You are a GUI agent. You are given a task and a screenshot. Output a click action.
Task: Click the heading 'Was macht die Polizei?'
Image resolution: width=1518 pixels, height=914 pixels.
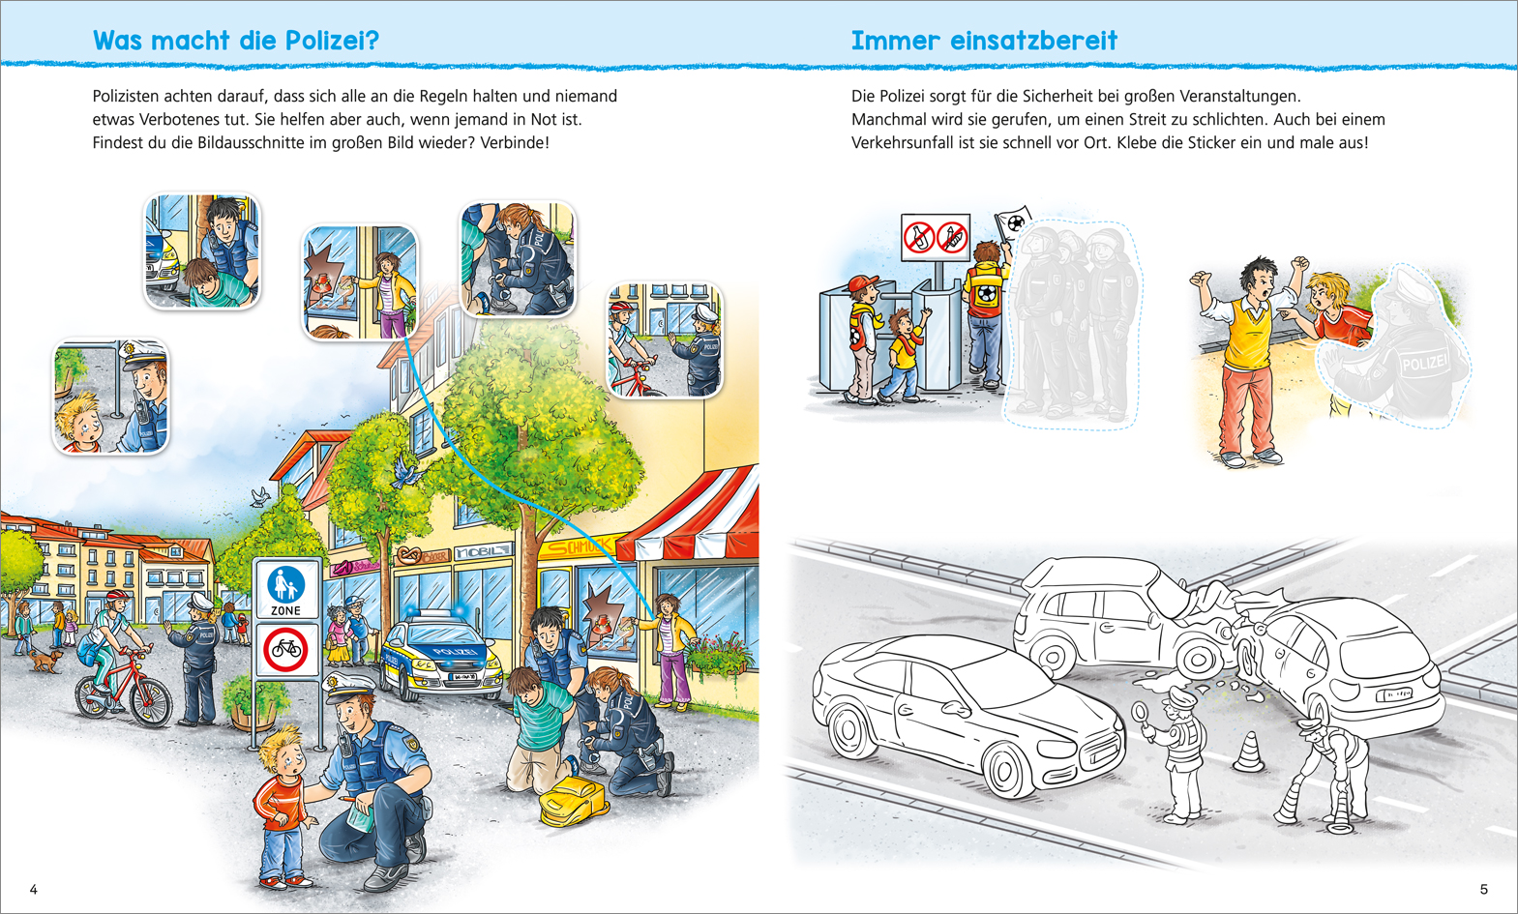[x=236, y=41]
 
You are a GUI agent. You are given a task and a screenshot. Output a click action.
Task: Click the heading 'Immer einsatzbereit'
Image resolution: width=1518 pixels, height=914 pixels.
[x=984, y=41]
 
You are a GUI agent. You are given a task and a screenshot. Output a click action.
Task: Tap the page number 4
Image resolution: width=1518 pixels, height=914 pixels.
[x=33, y=890]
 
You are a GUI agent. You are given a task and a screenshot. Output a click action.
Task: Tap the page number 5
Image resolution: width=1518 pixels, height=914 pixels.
[x=1483, y=890]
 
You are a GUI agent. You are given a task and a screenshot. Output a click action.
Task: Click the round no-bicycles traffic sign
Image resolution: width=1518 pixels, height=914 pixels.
[x=285, y=650]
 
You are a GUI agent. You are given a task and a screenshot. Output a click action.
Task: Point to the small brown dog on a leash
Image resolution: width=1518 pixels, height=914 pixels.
[x=46, y=660]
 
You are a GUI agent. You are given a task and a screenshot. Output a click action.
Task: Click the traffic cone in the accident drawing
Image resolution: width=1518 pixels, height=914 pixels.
[x=1248, y=752]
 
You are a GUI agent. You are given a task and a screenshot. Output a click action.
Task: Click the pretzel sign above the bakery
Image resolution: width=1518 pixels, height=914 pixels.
[x=408, y=556]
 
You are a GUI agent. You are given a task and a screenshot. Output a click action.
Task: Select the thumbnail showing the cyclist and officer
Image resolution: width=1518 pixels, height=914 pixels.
[x=665, y=340]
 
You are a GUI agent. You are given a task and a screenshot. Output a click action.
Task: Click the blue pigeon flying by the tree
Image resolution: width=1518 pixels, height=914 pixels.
[x=404, y=471]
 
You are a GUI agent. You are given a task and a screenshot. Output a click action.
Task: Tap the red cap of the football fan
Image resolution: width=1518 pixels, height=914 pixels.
[x=862, y=281]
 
